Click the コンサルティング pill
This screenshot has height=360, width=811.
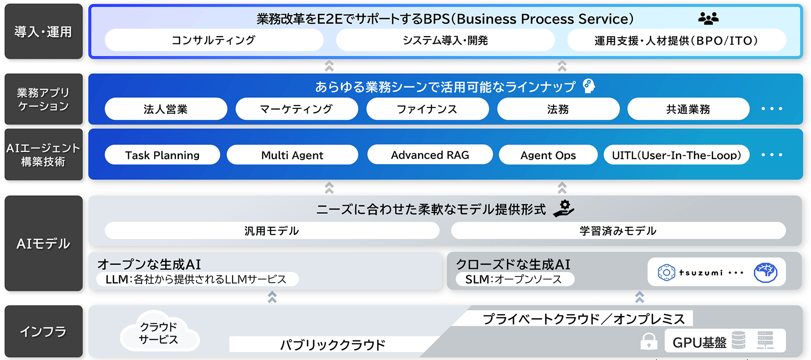[x=213, y=40]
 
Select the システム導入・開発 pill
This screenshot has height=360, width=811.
[x=445, y=40]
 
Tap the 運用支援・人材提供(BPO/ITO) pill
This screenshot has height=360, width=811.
[x=676, y=40]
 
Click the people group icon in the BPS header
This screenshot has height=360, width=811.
[x=708, y=19]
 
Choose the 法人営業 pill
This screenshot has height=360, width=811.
[x=166, y=109]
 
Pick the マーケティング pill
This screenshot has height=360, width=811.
[x=297, y=109]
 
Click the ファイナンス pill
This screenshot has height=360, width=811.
[x=427, y=109]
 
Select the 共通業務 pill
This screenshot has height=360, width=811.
[x=688, y=109]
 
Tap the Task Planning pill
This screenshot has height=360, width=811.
[x=162, y=155]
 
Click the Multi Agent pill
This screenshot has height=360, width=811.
[x=292, y=155]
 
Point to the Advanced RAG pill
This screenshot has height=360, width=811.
[x=430, y=154]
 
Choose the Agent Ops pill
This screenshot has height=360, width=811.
[x=548, y=155]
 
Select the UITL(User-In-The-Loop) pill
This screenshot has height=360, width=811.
[x=676, y=155]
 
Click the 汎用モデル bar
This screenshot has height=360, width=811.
[x=272, y=231]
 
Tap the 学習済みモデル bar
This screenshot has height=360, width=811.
[x=618, y=231]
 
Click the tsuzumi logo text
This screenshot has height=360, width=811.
[x=701, y=273]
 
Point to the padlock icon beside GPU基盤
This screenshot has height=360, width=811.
[x=648, y=341]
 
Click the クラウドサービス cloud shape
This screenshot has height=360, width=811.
[x=159, y=333]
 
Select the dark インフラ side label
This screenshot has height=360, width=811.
[x=43, y=332]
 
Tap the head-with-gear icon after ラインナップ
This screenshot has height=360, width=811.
[x=589, y=86]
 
